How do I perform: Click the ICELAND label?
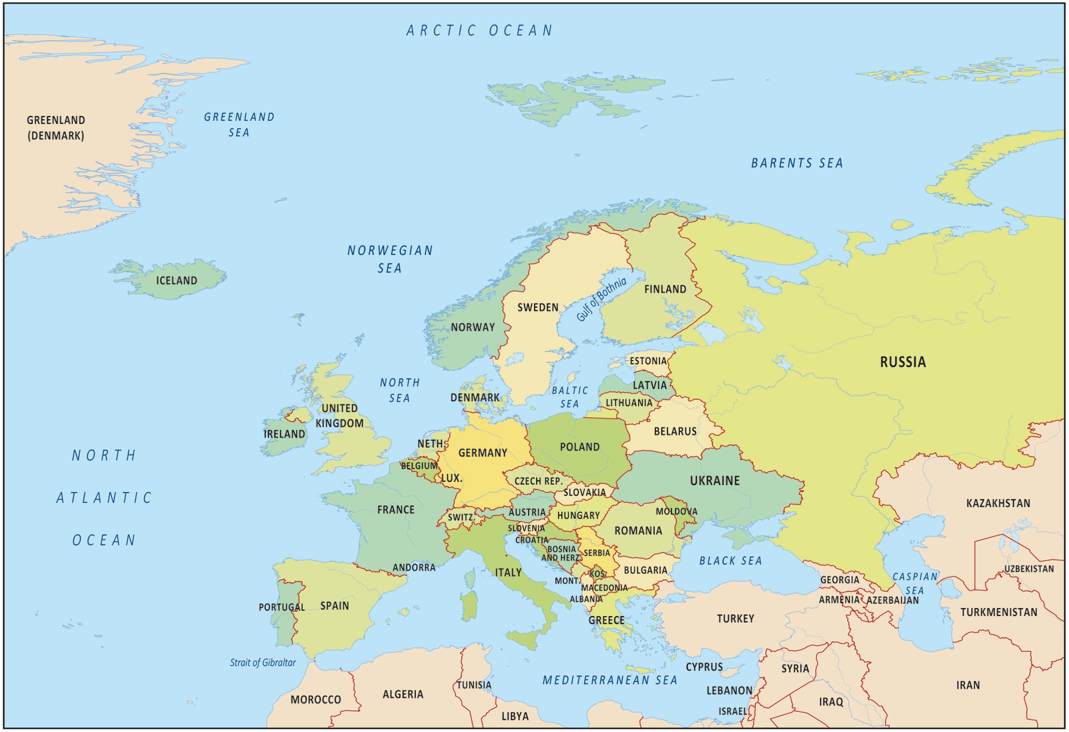click(176, 281)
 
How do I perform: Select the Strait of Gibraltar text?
click(262, 663)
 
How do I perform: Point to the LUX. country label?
click(452, 478)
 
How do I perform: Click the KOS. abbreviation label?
click(598, 574)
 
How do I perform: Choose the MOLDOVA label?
click(676, 511)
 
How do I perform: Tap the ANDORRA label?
click(414, 567)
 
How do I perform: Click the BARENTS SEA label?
click(796, 163)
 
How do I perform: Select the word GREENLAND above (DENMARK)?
click(56, 120)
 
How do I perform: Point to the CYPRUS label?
click(704, 667)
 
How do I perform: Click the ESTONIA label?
click(648, 361)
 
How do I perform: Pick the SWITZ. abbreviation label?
click(461, 517)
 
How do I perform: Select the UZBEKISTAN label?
click(1028, 569)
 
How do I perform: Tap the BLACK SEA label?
click(730, 560)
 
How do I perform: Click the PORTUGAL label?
click(281, 607)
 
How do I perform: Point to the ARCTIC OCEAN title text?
click(479, 30)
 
